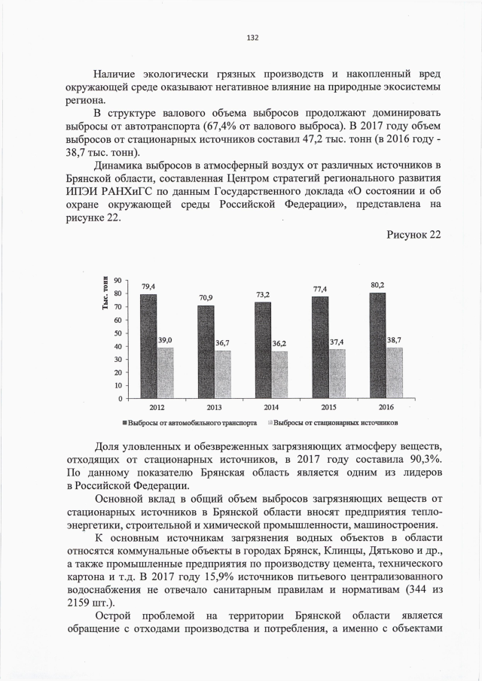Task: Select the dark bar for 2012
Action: tap(148, 345)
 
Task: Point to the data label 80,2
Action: tap(377, 285)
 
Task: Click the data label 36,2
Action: tap(279, 342)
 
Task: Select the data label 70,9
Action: tap(205, 298)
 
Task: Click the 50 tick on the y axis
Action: tap(117, 333)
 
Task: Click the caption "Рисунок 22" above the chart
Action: tap(413, 234)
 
